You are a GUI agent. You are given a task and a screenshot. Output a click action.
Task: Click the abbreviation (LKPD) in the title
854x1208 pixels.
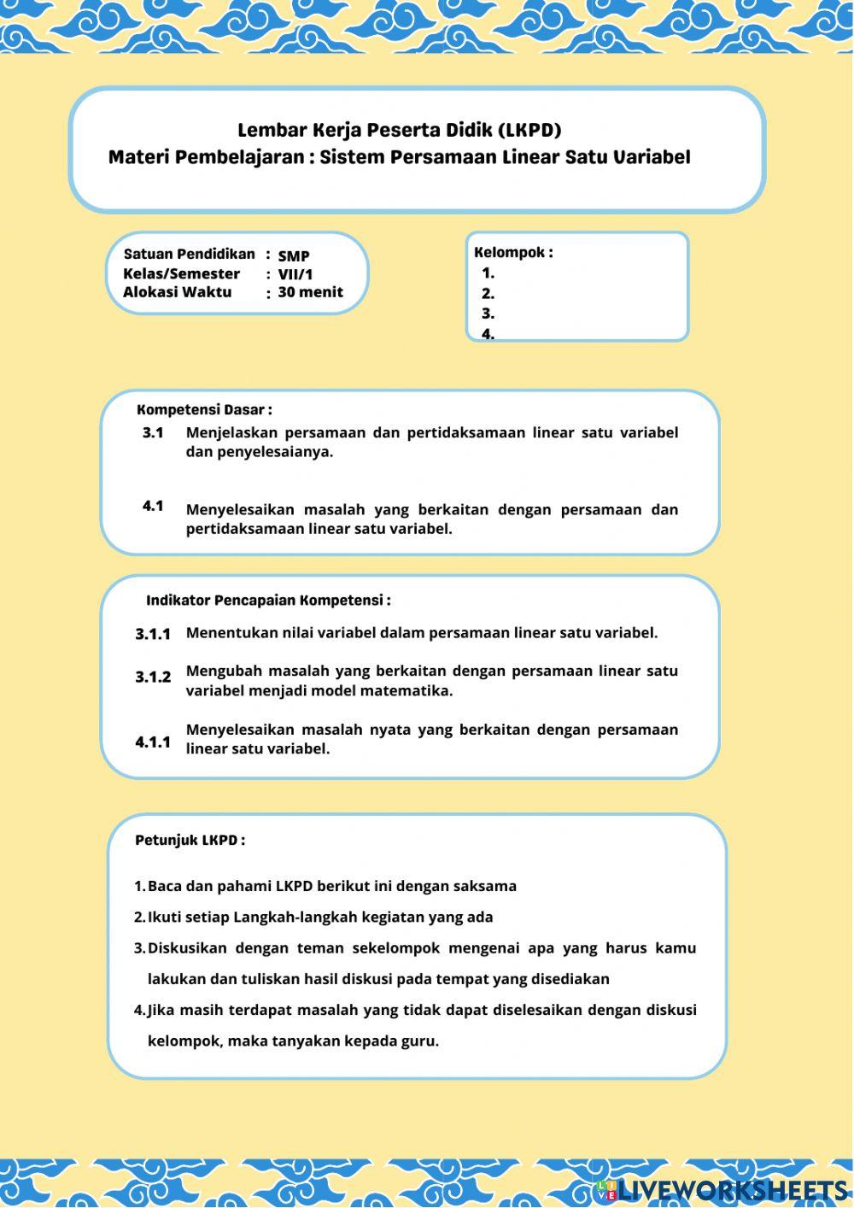click(529, 131)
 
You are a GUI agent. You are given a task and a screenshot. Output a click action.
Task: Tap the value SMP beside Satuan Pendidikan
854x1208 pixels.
click(294, 256)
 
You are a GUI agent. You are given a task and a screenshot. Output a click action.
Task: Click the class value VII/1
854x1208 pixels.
click(295, 275)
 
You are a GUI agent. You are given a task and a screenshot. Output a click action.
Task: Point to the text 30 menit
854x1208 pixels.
click(310, 292)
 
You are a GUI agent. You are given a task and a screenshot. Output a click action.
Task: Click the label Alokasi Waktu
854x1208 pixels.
click(177, 292)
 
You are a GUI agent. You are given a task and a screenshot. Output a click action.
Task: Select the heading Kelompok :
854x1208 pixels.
click(513, 253)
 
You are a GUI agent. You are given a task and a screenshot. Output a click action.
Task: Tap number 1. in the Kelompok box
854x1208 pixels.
click(488, 274)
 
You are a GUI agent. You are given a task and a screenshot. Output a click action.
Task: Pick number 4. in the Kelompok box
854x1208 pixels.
click(488, 334)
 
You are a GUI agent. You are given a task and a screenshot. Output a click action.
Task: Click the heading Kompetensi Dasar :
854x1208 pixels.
click(204, 410)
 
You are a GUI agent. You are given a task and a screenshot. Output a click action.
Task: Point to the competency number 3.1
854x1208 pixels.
click(153, 433)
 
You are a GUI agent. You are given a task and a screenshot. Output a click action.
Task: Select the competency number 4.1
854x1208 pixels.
click(153, 507)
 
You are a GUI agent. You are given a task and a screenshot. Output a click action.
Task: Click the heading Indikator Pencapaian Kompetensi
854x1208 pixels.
click(268, 601)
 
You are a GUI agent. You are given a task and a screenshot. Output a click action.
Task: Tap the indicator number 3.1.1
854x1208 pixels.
click(153, 635)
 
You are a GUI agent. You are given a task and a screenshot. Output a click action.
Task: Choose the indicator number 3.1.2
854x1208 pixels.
click(153, 677)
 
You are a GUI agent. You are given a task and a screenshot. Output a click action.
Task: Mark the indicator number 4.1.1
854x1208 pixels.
click(153, 742)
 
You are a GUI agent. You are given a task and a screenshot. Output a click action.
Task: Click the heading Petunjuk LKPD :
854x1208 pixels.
click(190, 841)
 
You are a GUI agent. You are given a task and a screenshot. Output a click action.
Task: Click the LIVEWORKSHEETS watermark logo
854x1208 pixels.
click(722, 1190)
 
